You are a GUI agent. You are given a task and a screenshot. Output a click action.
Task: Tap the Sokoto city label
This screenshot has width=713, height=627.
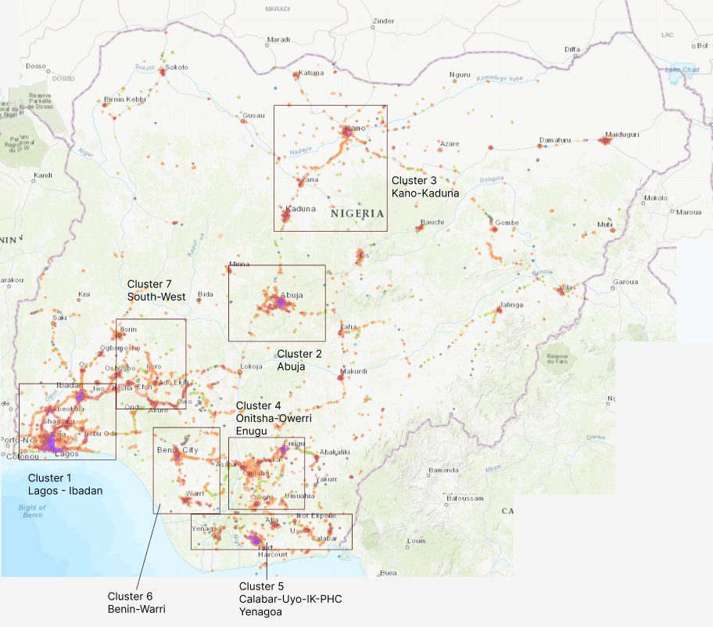pyautogui.click(x=176, y=67)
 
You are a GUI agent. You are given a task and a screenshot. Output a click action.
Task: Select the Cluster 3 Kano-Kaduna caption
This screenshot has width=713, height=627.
pyautogui.click(x=425, y=186)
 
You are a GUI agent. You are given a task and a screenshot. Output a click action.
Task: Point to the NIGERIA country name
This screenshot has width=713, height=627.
pyautogui.click(x=357, y=213)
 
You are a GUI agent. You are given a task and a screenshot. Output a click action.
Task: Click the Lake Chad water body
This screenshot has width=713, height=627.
pyautogui.click(x=679, y=69)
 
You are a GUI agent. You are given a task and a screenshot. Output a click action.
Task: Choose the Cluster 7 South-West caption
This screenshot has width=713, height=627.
pyautogui.click(x=156, y=290)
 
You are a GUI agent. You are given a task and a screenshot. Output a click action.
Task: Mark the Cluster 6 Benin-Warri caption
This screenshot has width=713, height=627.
pyautogui.click(x=137, y=602)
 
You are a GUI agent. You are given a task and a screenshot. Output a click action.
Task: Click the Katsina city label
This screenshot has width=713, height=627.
pyautogui.click(x=311, y=74)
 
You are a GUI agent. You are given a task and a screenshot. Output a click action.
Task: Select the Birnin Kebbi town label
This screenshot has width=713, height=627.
pyautogui.click(x=125, y=99)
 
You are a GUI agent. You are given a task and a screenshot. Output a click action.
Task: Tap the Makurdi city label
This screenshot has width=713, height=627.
pyautogui.click(x=353, y=371)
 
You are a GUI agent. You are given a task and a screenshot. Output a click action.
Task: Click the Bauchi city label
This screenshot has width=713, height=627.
pyautogui.click(x=432, y=222)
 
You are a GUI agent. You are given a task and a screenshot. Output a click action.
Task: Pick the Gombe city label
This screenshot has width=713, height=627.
pyautogui.click(x=507, y=222)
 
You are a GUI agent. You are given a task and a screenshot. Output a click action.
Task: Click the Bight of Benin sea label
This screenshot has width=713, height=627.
pyautogui.click(x=32, y=511)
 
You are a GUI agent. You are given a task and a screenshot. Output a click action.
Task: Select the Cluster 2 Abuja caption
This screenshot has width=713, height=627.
pyautogui.click(x=296, y=360)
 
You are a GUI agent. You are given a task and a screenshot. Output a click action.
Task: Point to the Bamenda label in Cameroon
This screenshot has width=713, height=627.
pyautogui.click(x=442, y=470)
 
